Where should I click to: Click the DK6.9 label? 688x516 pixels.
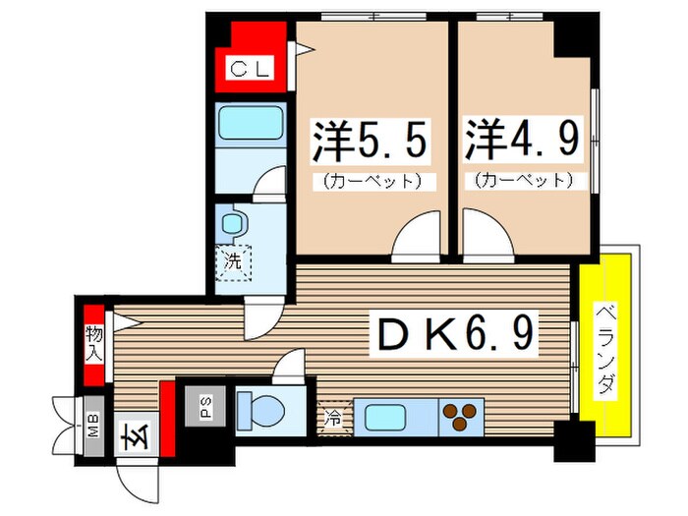point(453,337)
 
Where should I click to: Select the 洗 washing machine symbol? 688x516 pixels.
point(234,263)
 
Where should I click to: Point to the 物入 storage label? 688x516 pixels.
point(93,341)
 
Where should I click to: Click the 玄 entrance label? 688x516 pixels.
point(131,433)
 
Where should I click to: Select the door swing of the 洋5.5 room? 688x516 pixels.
point(416,241)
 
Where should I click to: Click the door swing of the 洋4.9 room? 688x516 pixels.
point(487,241)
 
